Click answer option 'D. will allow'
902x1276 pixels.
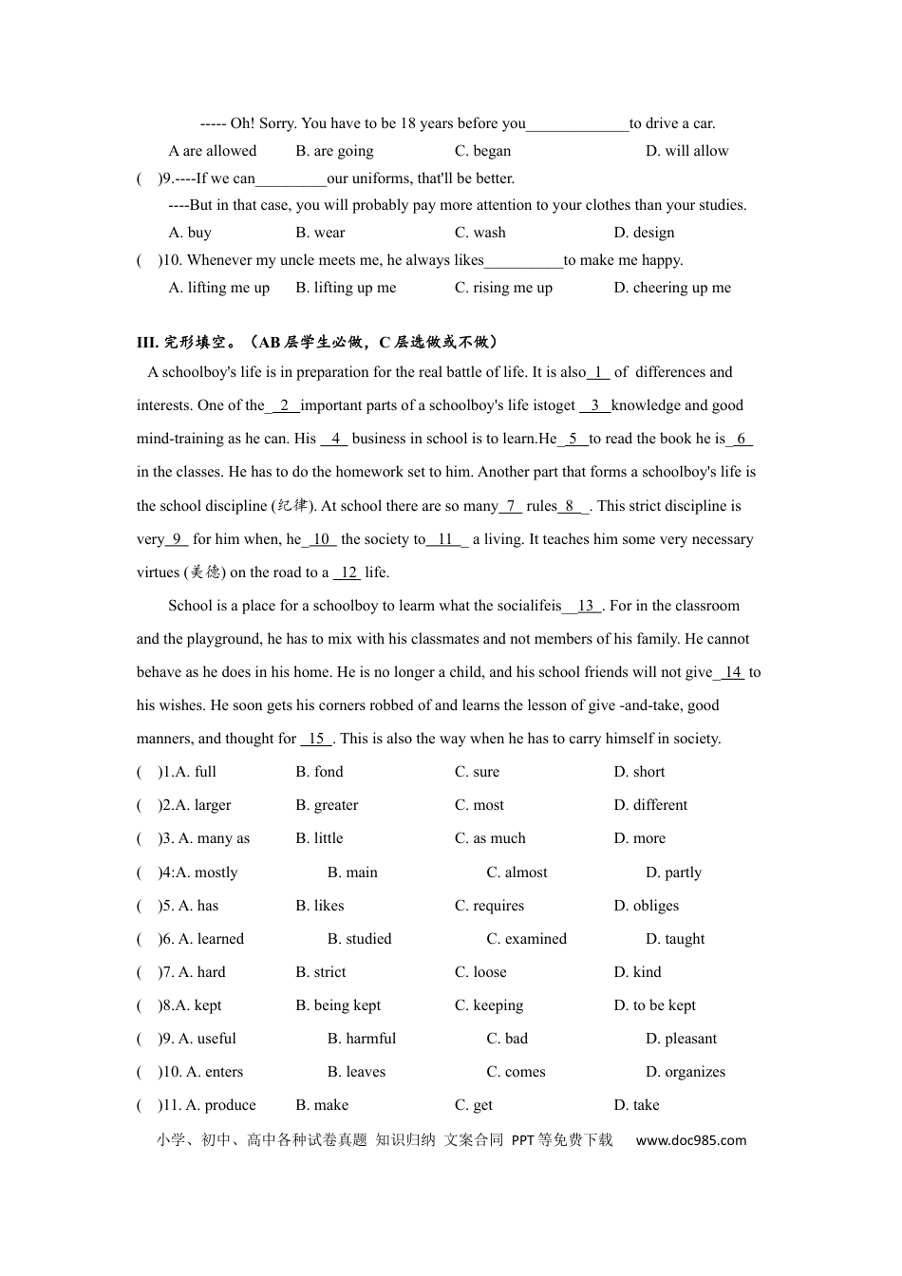(x=686, y=151)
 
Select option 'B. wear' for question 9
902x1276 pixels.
(x=320, y=233)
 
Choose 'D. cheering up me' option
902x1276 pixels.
(x=672, y=288)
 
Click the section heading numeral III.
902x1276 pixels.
(x=147, y=343)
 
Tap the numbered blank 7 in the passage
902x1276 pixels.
(x=511, y=506)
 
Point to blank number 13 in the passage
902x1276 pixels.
(x=586, y=606)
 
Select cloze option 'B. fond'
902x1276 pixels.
(x=319, y=772)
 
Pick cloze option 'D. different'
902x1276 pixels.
(x=650, y=805)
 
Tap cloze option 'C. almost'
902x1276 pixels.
(x=517, y=873)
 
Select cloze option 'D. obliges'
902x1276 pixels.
(x=646, y=906)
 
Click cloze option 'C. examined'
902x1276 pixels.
(x=526, y=939)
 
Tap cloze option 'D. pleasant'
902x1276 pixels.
(x=681, y=1039)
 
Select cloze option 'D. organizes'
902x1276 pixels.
(x=685, y=1072)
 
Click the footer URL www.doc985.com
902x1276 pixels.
(x=690, y=1140)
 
